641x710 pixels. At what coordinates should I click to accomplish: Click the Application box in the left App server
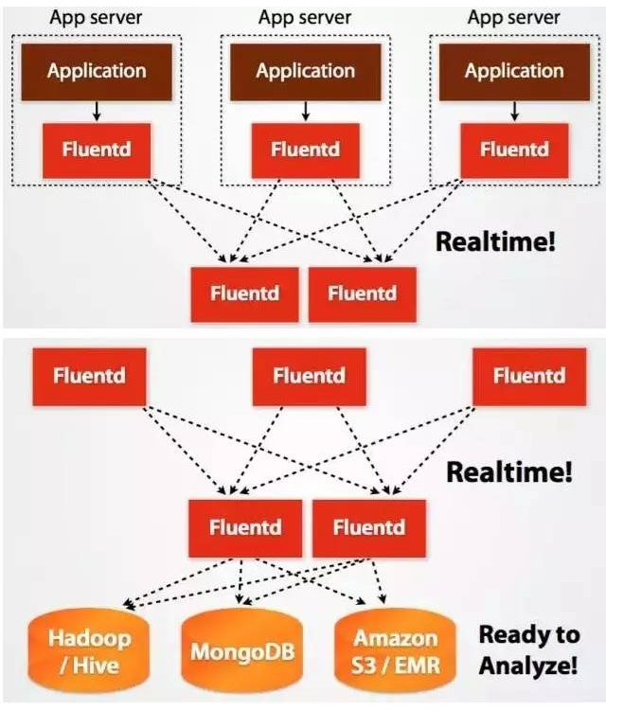click(97, 71)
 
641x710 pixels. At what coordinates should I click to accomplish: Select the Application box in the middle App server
click(305, 71)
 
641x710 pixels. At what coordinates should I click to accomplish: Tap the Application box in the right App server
click(514, 71)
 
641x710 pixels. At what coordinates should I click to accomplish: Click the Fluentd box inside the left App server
click(97, 150)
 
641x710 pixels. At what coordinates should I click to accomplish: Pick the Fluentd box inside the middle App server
click(305, 150)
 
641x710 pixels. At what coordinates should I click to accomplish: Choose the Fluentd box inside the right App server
click(514, 150)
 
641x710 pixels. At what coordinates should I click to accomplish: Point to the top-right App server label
click(514, 17)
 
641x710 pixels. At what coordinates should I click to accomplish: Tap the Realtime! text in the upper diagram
click(495, 241)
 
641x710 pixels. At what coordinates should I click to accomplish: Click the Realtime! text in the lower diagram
click(509, 471)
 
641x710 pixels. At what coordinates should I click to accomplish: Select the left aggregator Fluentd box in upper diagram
click(244, 293)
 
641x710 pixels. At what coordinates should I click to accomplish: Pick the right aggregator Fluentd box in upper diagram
click(362, 293)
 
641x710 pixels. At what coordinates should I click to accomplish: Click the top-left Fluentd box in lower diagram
click(90, 376)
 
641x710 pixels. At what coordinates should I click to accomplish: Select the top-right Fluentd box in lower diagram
click(529, 376)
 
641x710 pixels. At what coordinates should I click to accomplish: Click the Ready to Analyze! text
click(527, 649)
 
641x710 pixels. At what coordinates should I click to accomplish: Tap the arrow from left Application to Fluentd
click(97, 112)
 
